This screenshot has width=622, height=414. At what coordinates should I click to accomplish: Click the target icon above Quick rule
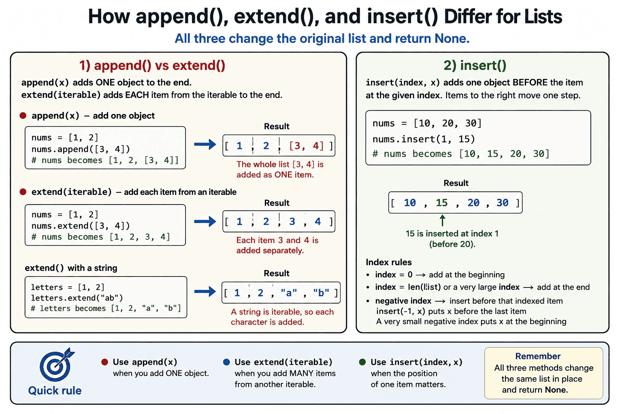click(57, 365)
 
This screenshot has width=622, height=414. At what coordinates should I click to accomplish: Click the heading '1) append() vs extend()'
click(152, 66)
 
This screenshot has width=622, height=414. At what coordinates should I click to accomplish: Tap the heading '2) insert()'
click(475, 66)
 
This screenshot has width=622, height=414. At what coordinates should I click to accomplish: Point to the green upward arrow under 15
click(443, 220)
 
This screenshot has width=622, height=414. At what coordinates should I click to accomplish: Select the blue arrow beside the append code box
click(205, 144)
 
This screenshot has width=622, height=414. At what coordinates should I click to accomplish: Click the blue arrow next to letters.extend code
click(205, 291)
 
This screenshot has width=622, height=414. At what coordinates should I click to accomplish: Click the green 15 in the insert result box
click(441, 203)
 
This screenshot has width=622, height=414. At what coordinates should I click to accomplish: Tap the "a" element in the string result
click(289, 293)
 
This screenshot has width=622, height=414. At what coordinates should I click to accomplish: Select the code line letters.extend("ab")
click(77, 298)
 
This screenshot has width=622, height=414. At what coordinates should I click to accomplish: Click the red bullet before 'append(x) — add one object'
click(23, 116)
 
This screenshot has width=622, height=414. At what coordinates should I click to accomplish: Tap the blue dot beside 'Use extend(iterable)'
click(227, 362)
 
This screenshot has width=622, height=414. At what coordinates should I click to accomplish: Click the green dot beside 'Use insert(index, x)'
click(362, 362)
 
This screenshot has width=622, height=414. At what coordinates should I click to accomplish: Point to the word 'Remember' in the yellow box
click(538, 356)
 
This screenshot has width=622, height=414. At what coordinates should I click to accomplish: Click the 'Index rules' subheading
click(389, 262)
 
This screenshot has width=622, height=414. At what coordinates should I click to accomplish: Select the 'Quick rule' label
click(55, 391)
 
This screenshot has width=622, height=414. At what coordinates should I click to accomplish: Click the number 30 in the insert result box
click(502, 203)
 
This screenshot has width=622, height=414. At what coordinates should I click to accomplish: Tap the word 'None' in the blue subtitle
click(452, 38)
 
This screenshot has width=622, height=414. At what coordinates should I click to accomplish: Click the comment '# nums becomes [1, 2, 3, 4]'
click(101, 237)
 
